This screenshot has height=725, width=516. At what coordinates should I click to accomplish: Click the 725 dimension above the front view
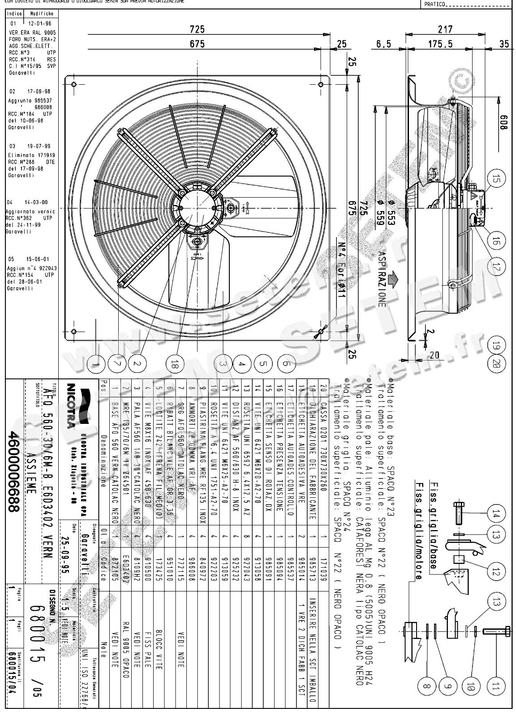click(197, 29)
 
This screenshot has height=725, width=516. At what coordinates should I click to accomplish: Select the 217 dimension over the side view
click(445, 29)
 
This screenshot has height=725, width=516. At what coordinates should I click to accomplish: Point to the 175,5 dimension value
click(440, 44)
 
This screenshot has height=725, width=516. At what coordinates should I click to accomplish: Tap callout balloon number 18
click(174, 365)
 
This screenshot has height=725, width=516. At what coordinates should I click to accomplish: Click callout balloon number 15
click(495, 180)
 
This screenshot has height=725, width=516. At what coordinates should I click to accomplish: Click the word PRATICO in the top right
click(434, 4)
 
